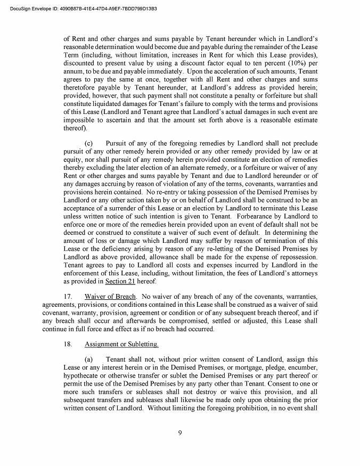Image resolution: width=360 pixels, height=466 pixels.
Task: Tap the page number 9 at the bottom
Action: tap(180, 432)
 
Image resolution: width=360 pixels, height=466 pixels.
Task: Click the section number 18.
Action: tap(68, 345)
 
